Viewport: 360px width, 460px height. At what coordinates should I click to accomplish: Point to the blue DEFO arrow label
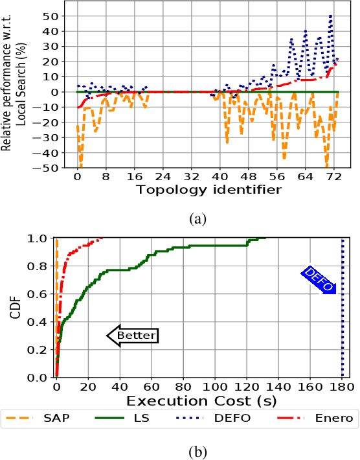(x=319, y=279)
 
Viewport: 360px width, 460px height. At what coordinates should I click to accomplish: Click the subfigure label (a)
(x=199, y=219)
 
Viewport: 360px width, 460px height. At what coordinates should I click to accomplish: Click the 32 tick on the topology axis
(x=191, y=176)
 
